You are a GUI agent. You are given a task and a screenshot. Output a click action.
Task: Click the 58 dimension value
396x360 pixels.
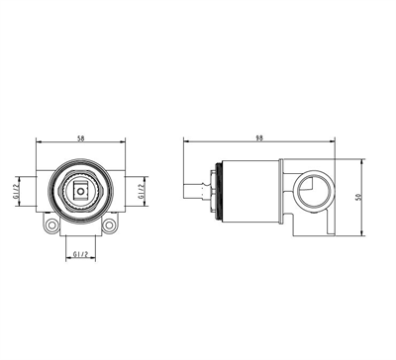point(81,138)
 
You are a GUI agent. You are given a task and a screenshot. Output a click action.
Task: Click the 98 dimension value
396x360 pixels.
point(259,138)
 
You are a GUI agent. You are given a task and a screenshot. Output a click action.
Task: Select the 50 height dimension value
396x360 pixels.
point(359,197)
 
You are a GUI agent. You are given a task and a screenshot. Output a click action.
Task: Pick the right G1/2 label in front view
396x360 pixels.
point(141,192)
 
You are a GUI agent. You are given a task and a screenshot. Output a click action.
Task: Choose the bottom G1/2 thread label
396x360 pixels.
point(80,254)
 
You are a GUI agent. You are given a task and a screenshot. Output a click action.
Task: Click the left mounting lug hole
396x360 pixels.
point(51,225)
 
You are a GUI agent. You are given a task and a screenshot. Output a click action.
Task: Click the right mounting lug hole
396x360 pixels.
point(109,225)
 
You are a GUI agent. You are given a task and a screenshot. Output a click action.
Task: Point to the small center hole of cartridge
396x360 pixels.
point(80,191)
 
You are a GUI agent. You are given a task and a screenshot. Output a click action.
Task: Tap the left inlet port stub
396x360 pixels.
point(27,192)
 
